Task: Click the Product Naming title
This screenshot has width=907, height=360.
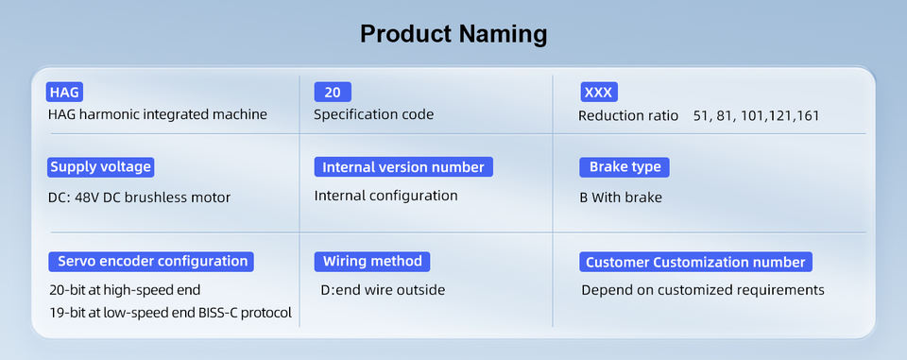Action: tap(453, 34)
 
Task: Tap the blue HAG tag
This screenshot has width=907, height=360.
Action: tap(65, 92)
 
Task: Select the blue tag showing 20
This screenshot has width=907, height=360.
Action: tap(333, 92)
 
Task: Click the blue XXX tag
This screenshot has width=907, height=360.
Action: tap(599, 92)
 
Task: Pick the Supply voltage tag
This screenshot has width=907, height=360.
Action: tap(101, 167)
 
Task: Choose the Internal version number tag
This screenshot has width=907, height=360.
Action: tap(403, 167)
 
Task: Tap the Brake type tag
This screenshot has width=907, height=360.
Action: tap(625, 167)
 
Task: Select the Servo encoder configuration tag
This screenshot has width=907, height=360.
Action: tap(152, 261)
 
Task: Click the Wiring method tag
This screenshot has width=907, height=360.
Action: tap(372, 261)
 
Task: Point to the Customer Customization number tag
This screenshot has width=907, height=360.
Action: tap(696, 262)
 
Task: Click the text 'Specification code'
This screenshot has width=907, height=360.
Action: tap(374, 114)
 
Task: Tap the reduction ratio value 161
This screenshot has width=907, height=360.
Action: tap(808, 116)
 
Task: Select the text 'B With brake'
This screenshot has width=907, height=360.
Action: tap(621, 197)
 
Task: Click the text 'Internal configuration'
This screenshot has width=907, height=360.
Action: tap(385, 196)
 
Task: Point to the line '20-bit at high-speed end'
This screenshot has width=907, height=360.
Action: tap(126, 289)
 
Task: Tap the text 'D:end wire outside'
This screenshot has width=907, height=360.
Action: tap(383, 289)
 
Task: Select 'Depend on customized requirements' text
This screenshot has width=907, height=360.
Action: tap(703, 290)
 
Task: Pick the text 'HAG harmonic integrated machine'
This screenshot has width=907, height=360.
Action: tap(158, 114)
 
